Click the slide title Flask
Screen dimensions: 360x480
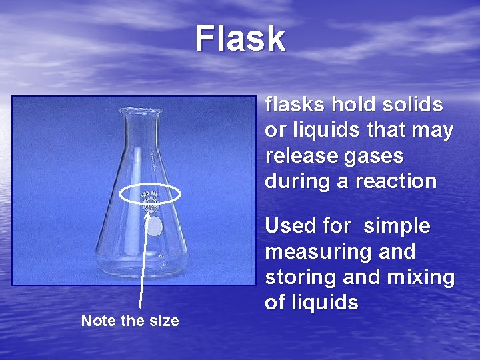pos(240,39)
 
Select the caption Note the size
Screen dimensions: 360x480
pos(130,321)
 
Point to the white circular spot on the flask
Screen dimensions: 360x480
pos(154,228)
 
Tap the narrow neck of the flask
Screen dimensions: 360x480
pos(141,143)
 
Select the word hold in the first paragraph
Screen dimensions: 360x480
pos(349,105)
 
